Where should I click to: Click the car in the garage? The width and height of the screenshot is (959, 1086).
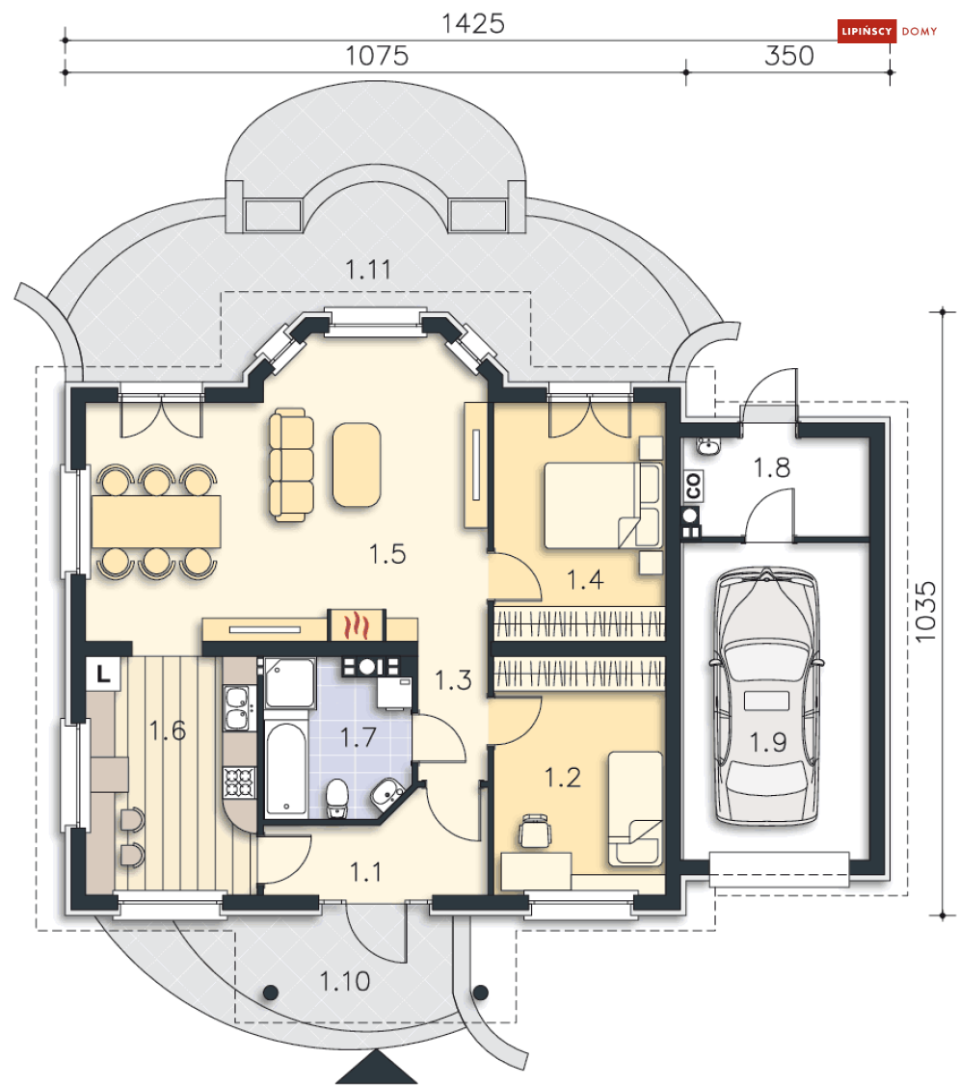[x=766, y=696]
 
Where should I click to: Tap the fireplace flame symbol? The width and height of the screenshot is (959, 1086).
[x=356, y=624]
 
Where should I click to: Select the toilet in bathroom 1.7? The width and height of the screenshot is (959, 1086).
[x=336, y=799]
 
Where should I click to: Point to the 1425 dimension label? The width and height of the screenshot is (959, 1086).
[x=473, y=23]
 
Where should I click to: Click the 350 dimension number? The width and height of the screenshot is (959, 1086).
[x=788, y=56]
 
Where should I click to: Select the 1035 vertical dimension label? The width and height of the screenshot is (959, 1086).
[x=925, y=612]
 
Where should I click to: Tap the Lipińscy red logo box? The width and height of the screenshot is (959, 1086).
[x=866, y=31]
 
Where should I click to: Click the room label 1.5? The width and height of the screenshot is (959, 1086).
[x=386, y=554]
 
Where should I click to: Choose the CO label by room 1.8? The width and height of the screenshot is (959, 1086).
[x=692, y=487]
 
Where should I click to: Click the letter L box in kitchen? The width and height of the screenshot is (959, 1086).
[x=103, y=674]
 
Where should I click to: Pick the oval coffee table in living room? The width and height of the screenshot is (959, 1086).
[x=357, y=464]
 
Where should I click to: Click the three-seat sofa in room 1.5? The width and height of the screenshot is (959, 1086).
[x=291, y=464]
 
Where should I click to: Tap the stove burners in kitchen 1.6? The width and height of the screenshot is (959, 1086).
[x=239, y=781]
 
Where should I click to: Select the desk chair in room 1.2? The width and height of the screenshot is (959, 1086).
[x=535, y=831]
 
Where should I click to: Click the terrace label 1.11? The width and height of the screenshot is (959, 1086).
[x=368, y=270]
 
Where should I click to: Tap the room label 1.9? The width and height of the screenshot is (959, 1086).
[x=768, y=742]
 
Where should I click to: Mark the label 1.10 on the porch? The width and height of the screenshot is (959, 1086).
[x=344, y=981]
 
